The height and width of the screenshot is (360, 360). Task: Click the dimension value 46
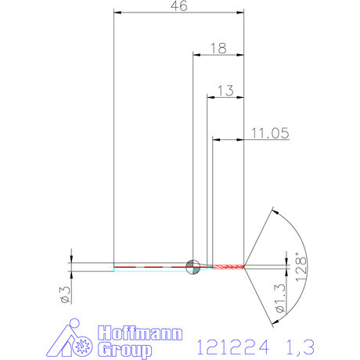pyautogui.click(x=179, y=6)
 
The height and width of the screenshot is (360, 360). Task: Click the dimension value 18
pyautogui.click(x=218, y=49)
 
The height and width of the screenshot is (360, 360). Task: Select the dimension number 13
pyautogui.click(x=225, y=91)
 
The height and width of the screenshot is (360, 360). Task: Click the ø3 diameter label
pyautogui.click(x=66, y=293)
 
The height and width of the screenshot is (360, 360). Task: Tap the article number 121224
pyautogui.click(x=232, y=345)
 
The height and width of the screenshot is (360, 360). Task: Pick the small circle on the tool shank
pyautogui.click(x=192, y=266)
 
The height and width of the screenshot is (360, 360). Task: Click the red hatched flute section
pyautogui.click(x=226, y=266)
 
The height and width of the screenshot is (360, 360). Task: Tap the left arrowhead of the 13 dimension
pyautogui.click(x=210, y=97)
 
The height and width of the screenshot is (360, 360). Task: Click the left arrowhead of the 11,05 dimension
pyautogui.click(x=216, y=140)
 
